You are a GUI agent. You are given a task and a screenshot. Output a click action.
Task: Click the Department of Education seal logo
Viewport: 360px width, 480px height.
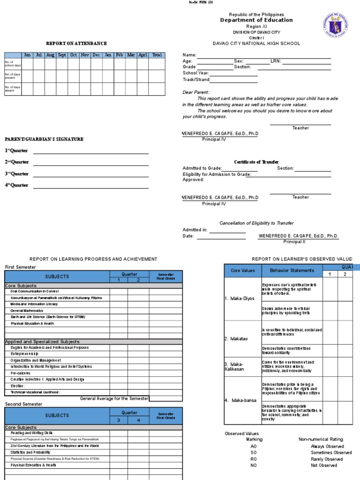(x=336, y=25)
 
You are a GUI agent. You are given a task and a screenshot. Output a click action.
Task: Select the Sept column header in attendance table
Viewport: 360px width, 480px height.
(x=62, y=55)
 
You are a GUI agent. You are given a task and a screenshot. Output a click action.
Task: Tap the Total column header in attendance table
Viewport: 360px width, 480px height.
(x=157, y=55)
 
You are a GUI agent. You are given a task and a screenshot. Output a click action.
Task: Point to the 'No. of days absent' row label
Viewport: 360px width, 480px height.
(x=13, y=89)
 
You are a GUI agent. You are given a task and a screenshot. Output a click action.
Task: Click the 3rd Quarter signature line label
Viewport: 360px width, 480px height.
(x=17, y=173)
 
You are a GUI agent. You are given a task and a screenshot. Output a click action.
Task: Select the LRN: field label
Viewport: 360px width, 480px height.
(x=276, y=61)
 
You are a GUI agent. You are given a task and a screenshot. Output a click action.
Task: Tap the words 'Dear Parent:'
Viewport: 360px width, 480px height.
(x=196, y=92)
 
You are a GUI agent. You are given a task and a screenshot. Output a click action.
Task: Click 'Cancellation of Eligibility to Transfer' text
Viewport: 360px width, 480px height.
(x=257, y=223)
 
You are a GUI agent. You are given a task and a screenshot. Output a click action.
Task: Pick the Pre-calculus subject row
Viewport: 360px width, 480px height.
(x=21, y=373)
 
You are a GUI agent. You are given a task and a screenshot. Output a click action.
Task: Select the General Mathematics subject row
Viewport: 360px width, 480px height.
(x=27, y=310)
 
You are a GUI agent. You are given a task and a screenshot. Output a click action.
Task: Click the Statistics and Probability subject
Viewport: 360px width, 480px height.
(x=30, y=452)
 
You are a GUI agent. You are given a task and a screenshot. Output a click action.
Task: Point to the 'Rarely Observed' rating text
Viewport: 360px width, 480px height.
(x=327, y=459)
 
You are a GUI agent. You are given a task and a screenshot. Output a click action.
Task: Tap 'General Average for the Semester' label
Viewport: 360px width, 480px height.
(x=114, y=398)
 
